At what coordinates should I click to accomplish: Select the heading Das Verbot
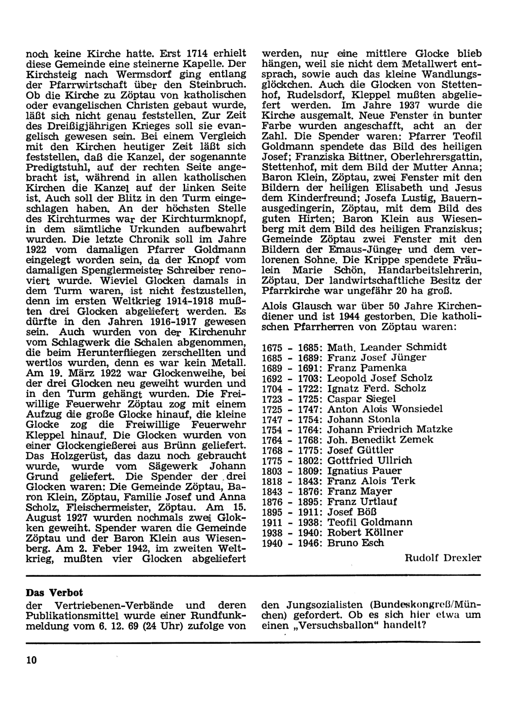54,593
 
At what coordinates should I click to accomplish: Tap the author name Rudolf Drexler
443,558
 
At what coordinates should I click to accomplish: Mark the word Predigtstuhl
56,167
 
